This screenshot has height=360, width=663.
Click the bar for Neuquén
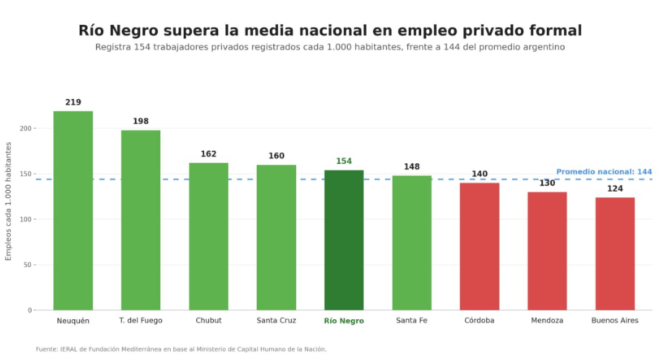coord(73,211)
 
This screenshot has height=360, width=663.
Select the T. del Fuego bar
coord(141,220)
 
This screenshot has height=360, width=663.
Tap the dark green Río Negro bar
coord(344,240)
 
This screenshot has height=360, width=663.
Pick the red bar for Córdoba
coord(479,247)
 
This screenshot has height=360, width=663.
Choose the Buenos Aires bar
coord(615,254)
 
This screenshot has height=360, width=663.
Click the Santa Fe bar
coord(412,243)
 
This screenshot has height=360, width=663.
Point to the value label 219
coord(73,103)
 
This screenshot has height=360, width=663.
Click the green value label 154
coord(344,161)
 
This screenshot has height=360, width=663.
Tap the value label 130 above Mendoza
coord(547,183)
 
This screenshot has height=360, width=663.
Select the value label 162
coord(208,154)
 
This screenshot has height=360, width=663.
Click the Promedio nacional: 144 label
coord(604,172)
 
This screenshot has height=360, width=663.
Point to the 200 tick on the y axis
coord(25,129)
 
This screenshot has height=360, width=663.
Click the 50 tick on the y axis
coord(27,265)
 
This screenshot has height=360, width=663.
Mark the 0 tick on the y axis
coord(30,310)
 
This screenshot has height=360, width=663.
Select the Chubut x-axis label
coord(208,320)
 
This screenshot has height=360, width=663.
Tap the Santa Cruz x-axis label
coord(276,320)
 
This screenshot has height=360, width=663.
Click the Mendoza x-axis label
coord(547,320)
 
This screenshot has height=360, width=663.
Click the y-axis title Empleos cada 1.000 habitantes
coord(8,202)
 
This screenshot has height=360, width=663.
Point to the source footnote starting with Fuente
coord(181,349)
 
